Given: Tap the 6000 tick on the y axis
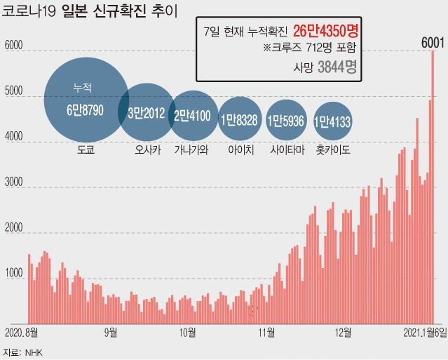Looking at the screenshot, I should pos(14,46).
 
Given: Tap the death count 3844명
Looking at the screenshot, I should pos(337,67).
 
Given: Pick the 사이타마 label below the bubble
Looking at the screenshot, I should pos(285,149).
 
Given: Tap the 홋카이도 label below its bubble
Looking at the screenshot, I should pos(333,149).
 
